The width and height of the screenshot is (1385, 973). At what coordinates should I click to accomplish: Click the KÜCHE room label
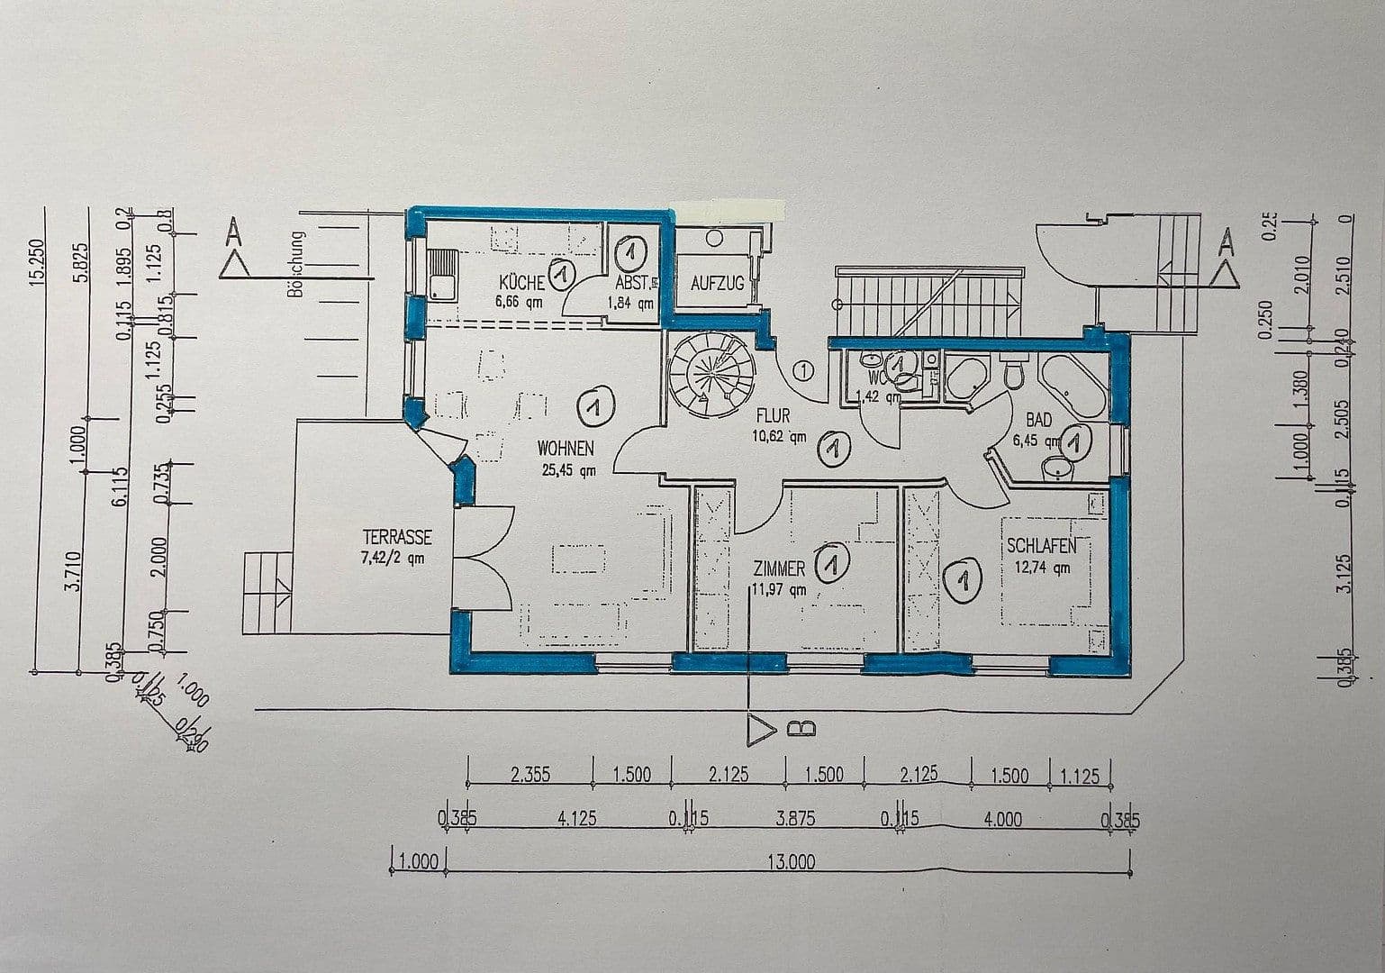520,282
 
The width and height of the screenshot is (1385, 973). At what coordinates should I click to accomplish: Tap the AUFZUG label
717,284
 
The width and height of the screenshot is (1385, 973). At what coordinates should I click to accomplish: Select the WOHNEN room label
566,448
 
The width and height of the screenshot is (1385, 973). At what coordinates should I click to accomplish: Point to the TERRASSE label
396,538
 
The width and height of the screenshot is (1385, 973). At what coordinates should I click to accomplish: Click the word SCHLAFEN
1041,547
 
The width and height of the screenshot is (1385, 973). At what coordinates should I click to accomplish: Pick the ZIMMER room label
779,569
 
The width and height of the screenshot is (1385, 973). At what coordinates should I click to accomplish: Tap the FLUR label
773,417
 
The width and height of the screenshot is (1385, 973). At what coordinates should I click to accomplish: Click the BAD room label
1038,421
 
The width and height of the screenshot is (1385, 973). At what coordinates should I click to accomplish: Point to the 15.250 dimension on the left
37,262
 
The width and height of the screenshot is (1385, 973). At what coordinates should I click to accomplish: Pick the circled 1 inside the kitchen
563,274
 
